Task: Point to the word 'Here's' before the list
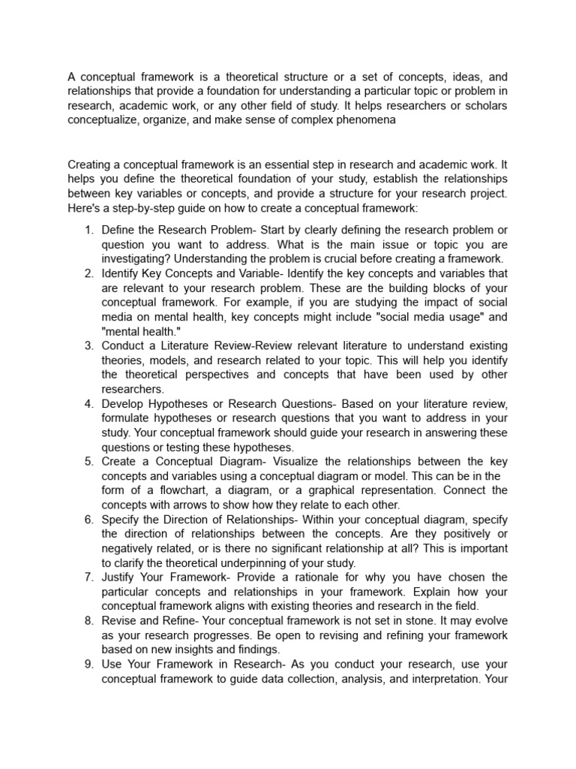click(85, 207)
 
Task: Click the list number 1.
click(88, 230)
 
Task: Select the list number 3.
click(88, 346)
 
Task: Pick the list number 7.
click(88, 578)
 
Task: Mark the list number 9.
click(88, 664)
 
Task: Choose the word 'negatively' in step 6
click(129, 548)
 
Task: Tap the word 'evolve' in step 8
click(489, 621)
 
